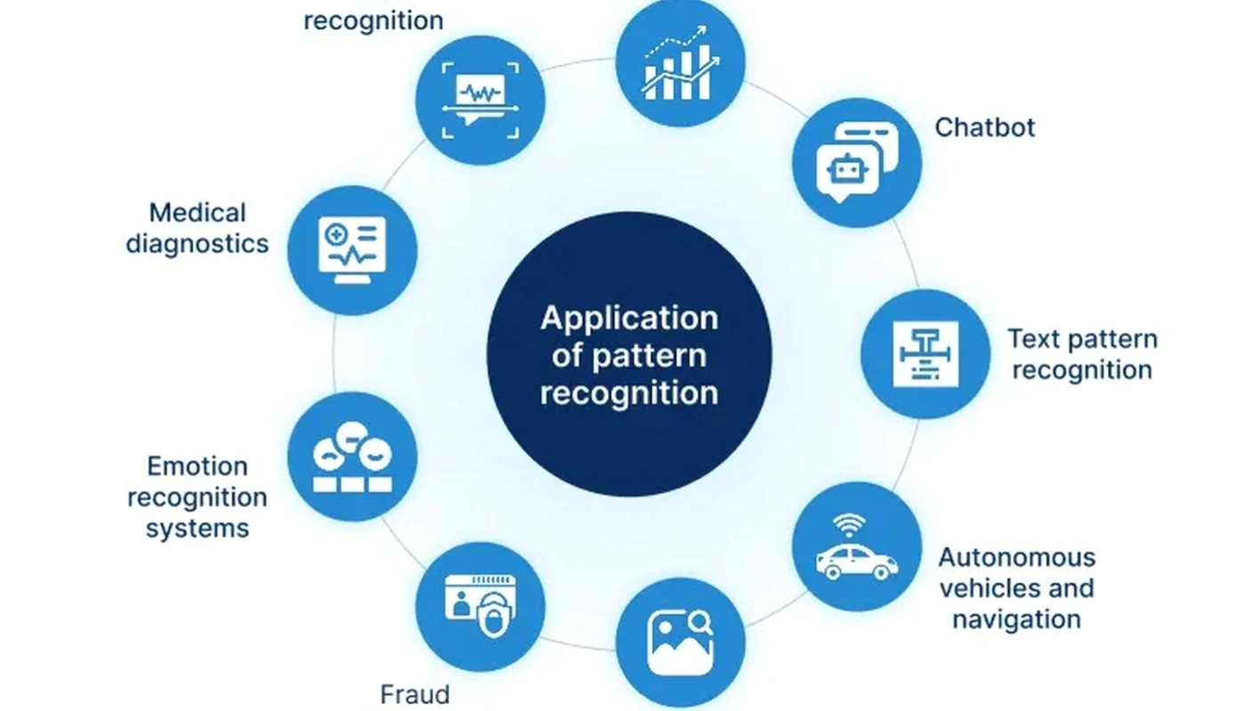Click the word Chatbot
coord(984,127)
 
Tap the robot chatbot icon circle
coord(857,163)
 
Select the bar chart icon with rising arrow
coord(680,62)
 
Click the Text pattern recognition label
coord(1081,354)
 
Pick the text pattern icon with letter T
coord(925,353)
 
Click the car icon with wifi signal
coord(857,547)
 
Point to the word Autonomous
coord(1016,558)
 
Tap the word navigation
coord(1016,619)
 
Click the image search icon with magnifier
coord(680,642)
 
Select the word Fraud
coord(415,694)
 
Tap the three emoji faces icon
coord(352,456)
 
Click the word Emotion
coord(198,466)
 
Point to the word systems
coord(198,529)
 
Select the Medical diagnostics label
coord(198,228)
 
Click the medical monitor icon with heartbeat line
coord(352,250)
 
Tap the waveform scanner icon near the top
coord(480,101)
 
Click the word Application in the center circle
coord(628,318)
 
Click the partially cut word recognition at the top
coord(373,20)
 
